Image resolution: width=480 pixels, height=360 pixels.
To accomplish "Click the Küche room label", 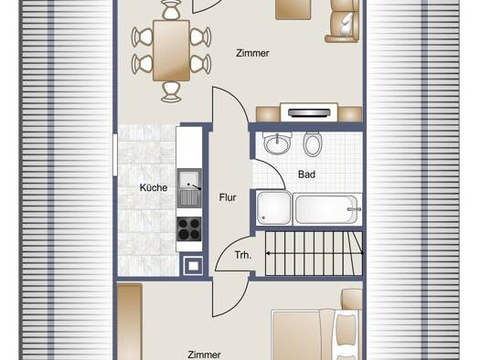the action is click(x=154, y=187).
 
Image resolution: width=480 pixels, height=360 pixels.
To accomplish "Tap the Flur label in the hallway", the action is click(x=228, y=197).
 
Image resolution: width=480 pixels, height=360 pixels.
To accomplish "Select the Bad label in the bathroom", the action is click(x=306, y=175).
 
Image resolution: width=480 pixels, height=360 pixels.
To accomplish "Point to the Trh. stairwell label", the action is click(x=243, y=255).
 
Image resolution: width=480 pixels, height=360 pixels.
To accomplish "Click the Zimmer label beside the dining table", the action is click(x=252, y=53).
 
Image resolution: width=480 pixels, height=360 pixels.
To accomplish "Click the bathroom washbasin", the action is click(x=277, y=143).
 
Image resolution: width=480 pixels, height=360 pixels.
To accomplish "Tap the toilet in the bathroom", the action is click(x=313, y=143).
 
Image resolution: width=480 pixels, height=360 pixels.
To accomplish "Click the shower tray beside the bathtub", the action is click(x=274, y=208).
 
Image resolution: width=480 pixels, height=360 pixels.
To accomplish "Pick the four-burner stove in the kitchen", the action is click(x=189, y=229).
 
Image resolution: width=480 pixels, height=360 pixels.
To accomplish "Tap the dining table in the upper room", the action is click(x=172, y=50).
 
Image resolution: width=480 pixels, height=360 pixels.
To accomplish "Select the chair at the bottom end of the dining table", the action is click(x=171, y=91).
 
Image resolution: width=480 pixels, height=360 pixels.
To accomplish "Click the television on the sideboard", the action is click(x=309, y=113).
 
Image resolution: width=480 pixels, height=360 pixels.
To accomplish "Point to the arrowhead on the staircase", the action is click(x=268, y=254).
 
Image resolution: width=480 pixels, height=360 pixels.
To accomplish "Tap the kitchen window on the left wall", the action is click(x=115, y=154).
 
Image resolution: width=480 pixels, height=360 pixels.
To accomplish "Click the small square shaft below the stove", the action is click(x=193, y=266).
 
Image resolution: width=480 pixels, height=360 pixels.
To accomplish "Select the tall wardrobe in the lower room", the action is click(x=130, y=322).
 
